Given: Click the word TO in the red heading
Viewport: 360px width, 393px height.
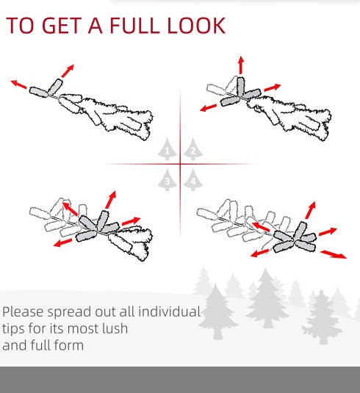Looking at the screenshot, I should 20,26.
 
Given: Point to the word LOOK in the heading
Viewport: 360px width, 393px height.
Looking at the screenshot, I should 197,26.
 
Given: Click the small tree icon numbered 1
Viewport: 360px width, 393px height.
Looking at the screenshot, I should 168,151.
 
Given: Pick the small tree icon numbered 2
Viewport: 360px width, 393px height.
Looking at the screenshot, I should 193,150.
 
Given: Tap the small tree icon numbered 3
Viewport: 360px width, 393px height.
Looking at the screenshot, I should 168,179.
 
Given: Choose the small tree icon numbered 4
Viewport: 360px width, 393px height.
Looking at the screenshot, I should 193,179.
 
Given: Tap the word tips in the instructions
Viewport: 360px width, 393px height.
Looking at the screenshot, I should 15,328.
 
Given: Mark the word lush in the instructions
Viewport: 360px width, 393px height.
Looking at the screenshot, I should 114,328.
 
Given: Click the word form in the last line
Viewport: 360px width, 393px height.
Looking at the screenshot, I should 69,345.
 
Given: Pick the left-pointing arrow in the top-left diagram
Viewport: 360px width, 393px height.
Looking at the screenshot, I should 19,84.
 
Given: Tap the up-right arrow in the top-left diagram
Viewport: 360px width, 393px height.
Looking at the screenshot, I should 67,71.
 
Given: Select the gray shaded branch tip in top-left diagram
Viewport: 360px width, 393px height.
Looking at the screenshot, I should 39,90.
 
